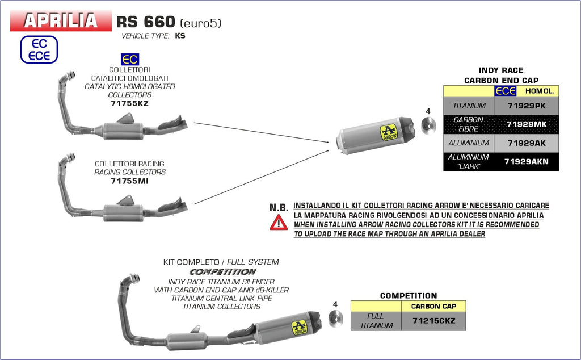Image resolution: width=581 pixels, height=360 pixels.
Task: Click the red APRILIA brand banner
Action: pos(60,21)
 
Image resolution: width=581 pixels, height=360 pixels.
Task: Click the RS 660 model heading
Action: pos(145,22)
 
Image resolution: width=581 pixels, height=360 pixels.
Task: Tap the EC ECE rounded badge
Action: pos(39,49)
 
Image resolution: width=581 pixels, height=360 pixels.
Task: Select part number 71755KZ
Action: pos(130,103)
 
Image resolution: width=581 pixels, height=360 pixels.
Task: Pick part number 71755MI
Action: pos(130,181)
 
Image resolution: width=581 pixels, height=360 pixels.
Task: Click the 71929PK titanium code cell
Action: pos(526,106)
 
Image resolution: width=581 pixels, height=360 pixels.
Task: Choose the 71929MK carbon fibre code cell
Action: pos(526,124)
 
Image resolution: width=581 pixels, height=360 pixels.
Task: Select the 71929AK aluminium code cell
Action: pos(526,143)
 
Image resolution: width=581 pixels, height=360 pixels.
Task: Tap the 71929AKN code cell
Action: pos(526,161)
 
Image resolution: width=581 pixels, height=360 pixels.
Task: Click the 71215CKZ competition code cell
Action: pos(433,321)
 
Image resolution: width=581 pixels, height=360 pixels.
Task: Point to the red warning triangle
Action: pos(278,223)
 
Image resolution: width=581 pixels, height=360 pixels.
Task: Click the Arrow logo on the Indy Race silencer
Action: pos(388,134)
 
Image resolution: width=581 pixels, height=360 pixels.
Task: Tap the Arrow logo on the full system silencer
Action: pos(299,327)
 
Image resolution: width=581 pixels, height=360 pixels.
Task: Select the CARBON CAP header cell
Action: pos(433,306)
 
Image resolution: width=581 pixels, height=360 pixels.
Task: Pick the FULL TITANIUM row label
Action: pos(376,321)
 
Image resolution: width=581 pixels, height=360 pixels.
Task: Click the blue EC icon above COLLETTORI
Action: pos(130,60)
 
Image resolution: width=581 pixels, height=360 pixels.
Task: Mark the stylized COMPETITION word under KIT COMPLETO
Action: pos(223,272)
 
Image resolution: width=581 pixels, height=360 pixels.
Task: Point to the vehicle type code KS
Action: pos(180,36)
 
